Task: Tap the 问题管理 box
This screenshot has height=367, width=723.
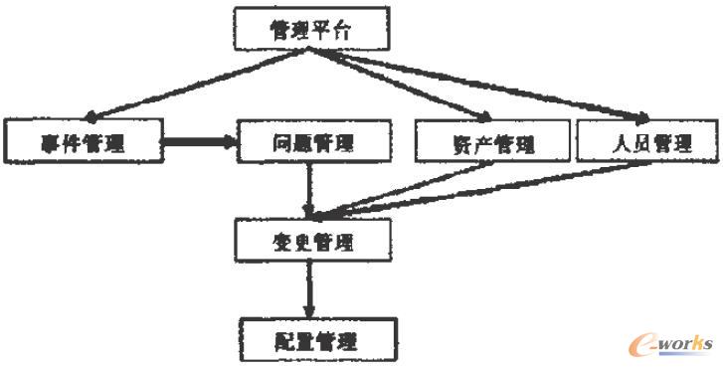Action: [309, 142]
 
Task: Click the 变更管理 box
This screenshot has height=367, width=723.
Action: [309, 240]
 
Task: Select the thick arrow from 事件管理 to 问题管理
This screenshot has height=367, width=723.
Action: [199, 142]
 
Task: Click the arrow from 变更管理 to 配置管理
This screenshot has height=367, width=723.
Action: [310, 288]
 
